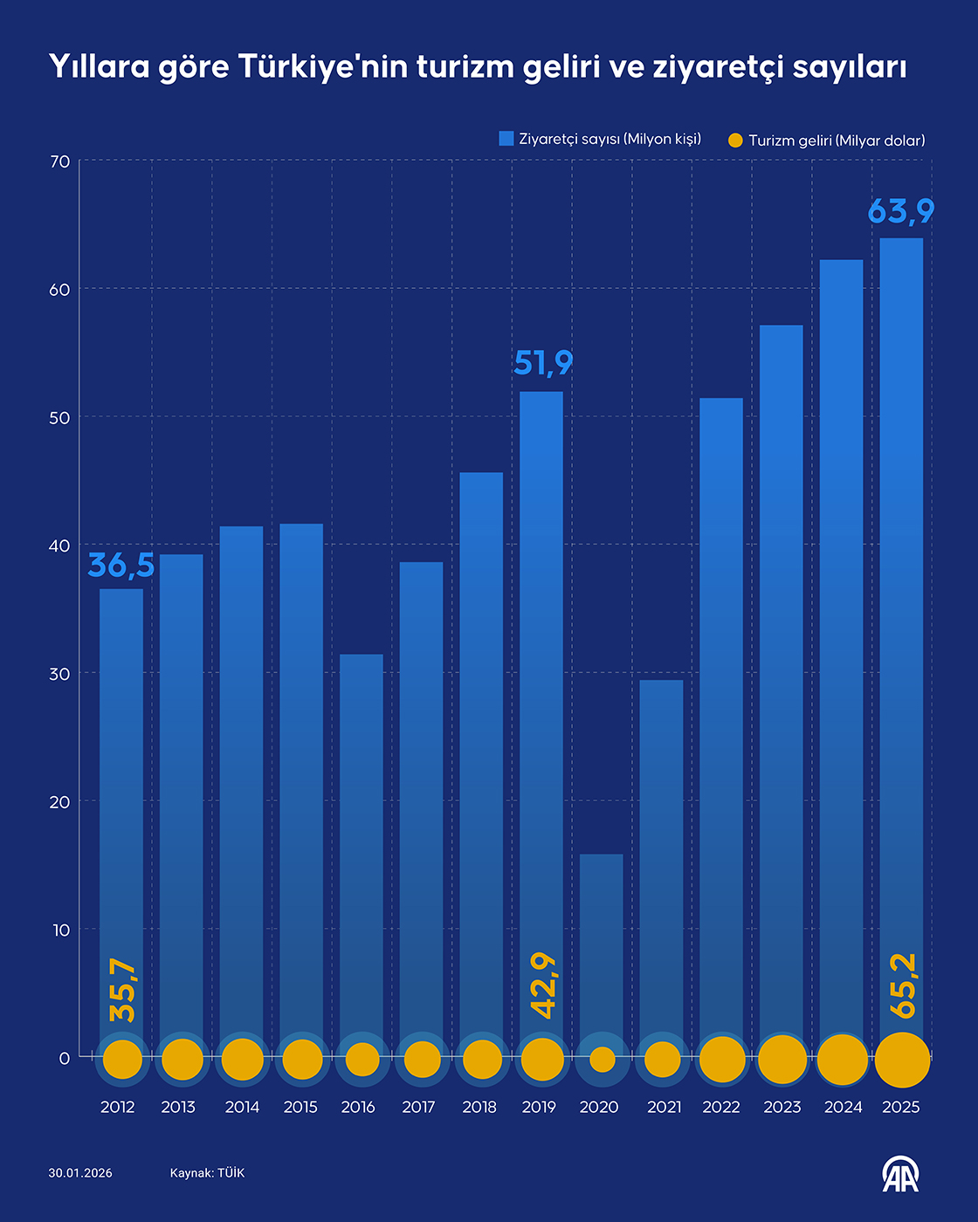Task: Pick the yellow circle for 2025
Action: click(902, 1061)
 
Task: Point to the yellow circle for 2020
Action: click(602, 1060)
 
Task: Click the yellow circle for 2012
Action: click(122, 1060)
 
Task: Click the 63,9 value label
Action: click(901, 211)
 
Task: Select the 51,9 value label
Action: click(543, 363)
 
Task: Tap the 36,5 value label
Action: click(121, 566)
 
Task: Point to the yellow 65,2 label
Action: click(904, 985)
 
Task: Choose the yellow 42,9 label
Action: click(543, 985)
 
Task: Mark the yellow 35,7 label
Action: click(122, 991)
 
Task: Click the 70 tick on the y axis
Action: click(60, 161)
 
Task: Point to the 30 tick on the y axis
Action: click(60, 674)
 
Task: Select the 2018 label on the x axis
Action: click(479, 1107)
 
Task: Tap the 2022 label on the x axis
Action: click(721, 1107)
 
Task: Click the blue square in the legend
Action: click(506, 139)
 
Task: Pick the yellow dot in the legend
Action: click(735, 140)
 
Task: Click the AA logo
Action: click(900, 1174)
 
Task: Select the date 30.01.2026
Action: click(80, 1173)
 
